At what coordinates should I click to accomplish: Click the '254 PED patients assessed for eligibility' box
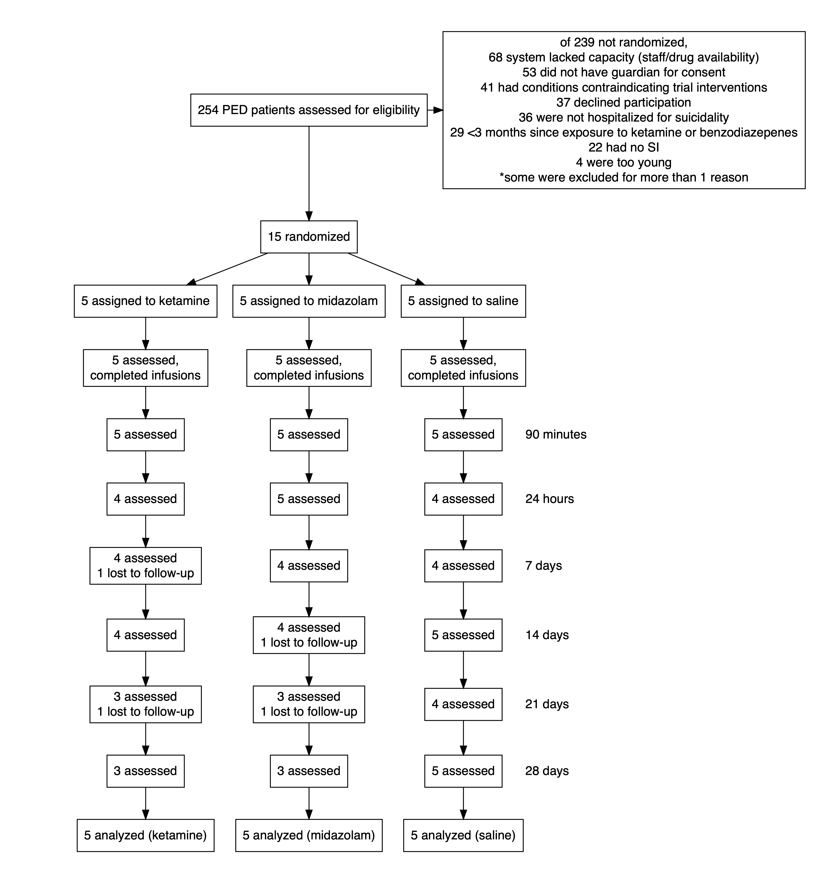(x=309, y=110)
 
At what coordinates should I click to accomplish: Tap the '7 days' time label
(x=544, y=566)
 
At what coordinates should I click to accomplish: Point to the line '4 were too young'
(x=624, y=163)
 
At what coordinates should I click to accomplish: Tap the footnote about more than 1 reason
(x=624, y=178)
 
